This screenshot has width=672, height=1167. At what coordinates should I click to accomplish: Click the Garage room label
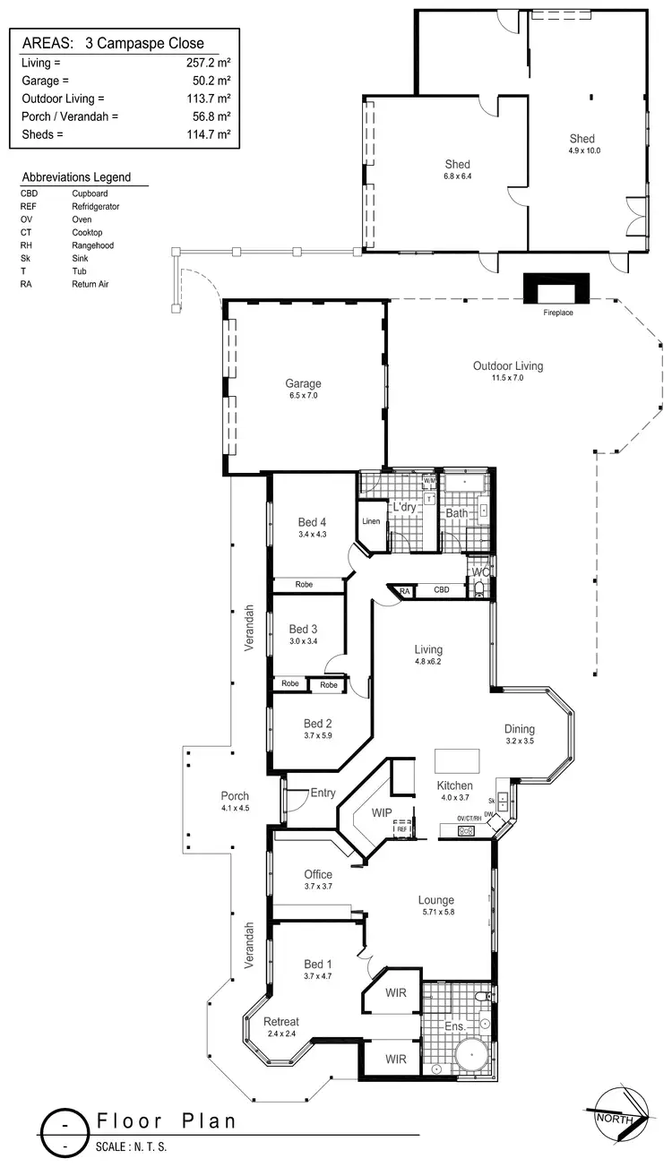pos(304,383)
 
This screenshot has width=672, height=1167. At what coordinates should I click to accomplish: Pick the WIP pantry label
pos(383,813)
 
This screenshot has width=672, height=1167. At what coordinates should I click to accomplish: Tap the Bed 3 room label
pos(304,629)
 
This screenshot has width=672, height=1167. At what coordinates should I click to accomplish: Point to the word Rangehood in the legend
pos(93,245)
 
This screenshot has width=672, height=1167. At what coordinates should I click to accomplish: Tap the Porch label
pos(235,795)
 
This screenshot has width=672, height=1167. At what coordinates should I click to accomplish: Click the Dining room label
pos(520,729)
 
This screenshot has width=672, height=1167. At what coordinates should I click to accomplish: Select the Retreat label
pos(281,1021)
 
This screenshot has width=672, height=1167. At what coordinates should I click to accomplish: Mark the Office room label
pos(318,874)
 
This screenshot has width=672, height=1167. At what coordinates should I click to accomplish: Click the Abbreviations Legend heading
pos(76,177)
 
